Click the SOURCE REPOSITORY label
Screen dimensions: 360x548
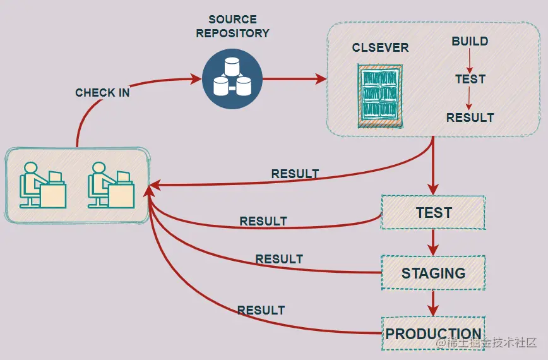[232, 27]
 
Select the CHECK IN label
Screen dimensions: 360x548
[102, 93]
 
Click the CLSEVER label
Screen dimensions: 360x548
[380, 47]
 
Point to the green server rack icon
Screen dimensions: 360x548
[379, 95]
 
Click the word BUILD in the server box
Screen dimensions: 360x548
[470, 42]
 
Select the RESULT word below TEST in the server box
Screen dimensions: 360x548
[470, 117]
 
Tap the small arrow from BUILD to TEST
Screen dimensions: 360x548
[470, 61]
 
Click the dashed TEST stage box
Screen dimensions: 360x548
[433, 213]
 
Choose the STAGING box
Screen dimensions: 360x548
[433, 273]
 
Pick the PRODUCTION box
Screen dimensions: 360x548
[433, 333]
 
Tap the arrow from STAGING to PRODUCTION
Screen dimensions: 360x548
[433, 303]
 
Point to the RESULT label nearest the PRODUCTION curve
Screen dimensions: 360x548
[261, 310]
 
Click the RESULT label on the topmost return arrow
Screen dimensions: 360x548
[295, 174]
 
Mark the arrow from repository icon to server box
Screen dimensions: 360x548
[294, 80]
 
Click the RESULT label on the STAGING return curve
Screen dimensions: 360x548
[279, 259]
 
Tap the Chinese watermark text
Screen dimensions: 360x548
[486, 343]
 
